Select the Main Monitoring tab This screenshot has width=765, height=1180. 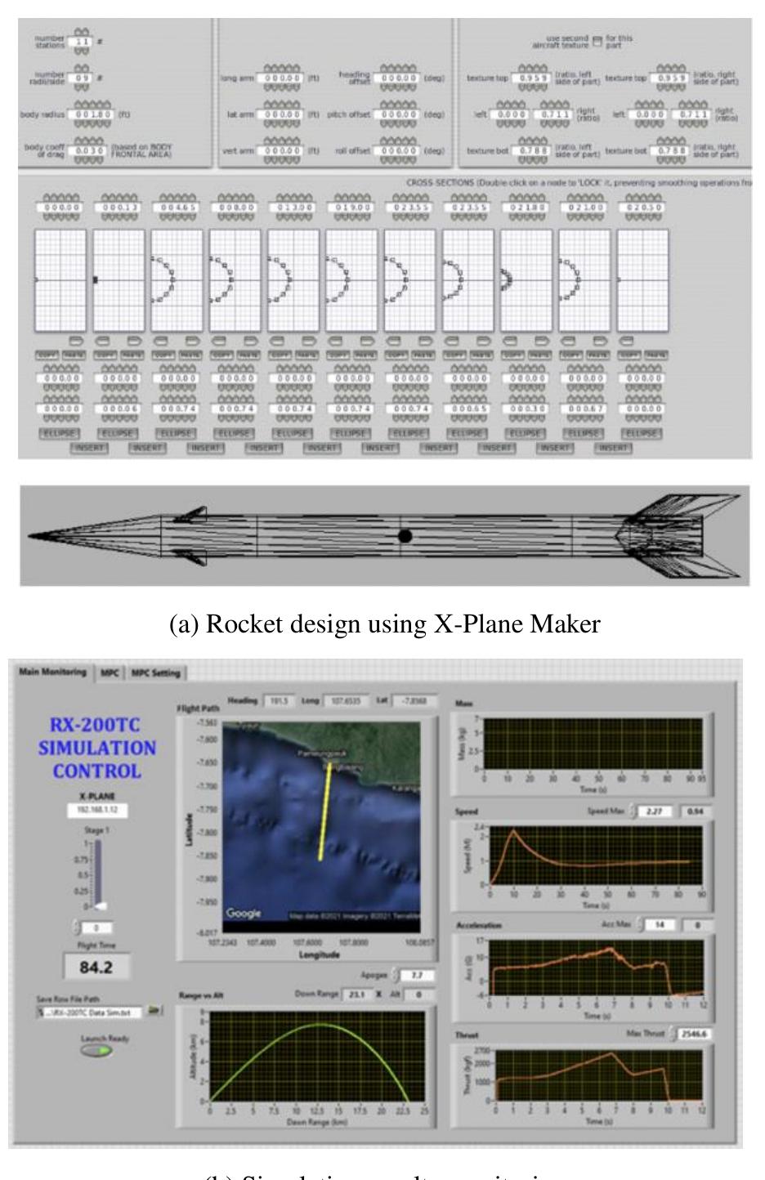point(52,673)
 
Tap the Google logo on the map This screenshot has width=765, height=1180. point(244,914)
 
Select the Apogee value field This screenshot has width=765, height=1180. point(415,976)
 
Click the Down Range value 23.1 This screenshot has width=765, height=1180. point(355,995)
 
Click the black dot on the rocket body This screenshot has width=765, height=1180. point(405,536)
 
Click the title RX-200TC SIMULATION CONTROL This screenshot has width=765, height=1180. point(96,748)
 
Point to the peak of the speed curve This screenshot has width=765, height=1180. point(513,831)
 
